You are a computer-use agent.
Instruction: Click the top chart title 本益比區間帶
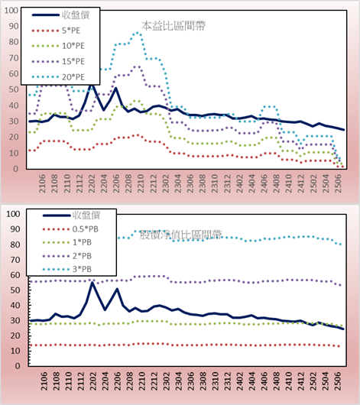click(x=174, y=26)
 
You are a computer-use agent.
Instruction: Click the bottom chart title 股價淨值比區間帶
click(x=180, y=235)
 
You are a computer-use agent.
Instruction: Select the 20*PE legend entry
click(x=58, y=77)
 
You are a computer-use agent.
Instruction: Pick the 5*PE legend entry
click(x=56, y=31)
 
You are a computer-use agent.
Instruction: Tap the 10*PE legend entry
click(x=58, y=46)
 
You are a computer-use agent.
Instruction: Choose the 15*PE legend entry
click(x=58, y=61)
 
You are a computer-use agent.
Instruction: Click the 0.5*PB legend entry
click(x=70, y=229)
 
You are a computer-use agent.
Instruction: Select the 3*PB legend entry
click(x=67, y=269)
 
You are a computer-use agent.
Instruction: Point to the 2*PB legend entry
click(x=67, y=256)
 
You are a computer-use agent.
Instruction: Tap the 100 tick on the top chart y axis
click(x=11, y=11)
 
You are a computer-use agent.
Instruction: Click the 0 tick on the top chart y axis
click(x=16, y=169)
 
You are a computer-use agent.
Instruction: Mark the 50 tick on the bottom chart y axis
click(x=15, y=290)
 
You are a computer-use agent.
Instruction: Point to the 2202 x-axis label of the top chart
click(x=92, y=183)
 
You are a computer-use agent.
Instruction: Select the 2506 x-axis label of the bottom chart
click(x=338, y=381)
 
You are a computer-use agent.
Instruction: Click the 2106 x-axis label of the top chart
click(x=42, y=183)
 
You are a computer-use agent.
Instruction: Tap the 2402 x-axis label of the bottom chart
click(x=240, y=381)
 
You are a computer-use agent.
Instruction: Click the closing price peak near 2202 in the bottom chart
click(x=92, y=283)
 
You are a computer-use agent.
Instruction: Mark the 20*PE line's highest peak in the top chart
click(x=137, y=33)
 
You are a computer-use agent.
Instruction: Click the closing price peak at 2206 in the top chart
click(x=115, y=89)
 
